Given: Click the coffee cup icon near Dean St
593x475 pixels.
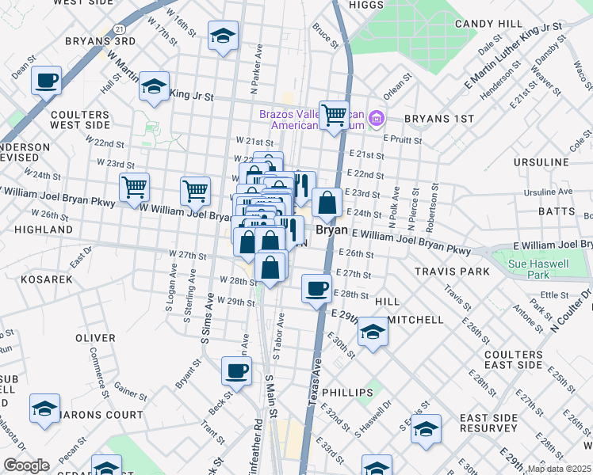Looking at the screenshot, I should (x=47, y=80).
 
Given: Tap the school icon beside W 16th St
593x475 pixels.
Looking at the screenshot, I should (x=224, y=36).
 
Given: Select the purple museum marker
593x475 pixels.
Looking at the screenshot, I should (x=376, y=120).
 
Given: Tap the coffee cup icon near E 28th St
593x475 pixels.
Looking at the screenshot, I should (x=317, y=288).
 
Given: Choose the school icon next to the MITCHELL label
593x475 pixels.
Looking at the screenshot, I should (x=372, y=333).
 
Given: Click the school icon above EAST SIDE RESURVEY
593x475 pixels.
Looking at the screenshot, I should (x=426, y=429).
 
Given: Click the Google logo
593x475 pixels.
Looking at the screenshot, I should (x=26, y=465).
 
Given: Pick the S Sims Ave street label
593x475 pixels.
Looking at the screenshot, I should (x=209, y=317).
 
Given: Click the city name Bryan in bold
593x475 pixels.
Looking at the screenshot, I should (x=333, y=230).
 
